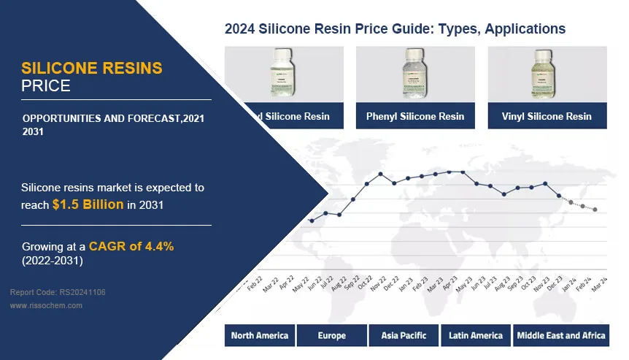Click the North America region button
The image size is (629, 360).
pyautogui.click(x=260, y=336)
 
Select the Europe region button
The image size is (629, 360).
pyautogui.click(x=332, y=336)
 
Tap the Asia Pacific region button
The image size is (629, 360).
pyautogui.click(x=404, y=336)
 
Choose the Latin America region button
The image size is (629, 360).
pyautogui.click(x=476, y=336)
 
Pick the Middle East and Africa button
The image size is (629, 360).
pyautogui.click(x=561, y=336)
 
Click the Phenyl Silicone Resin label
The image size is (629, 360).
pyautogui.click(x=415, y=116)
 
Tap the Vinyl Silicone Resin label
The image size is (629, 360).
pyautogui.click(x=547, y=116)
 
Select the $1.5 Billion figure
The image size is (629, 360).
pyautogui.click(x=88, y=204)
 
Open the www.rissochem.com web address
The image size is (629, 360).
pyautogui.click(x=46, y=306)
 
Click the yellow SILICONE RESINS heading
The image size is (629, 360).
pyautogui.click(x=92, y=69)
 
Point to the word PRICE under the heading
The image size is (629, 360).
pyautogui.click(x=46, y=86)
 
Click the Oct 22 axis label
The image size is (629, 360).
pyautogui.click(x=363, y=283)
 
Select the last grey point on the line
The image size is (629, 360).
pyautogui.click(x=595, y=210)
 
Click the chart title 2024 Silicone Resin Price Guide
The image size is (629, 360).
pyautogui.click(x=395, y=29)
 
